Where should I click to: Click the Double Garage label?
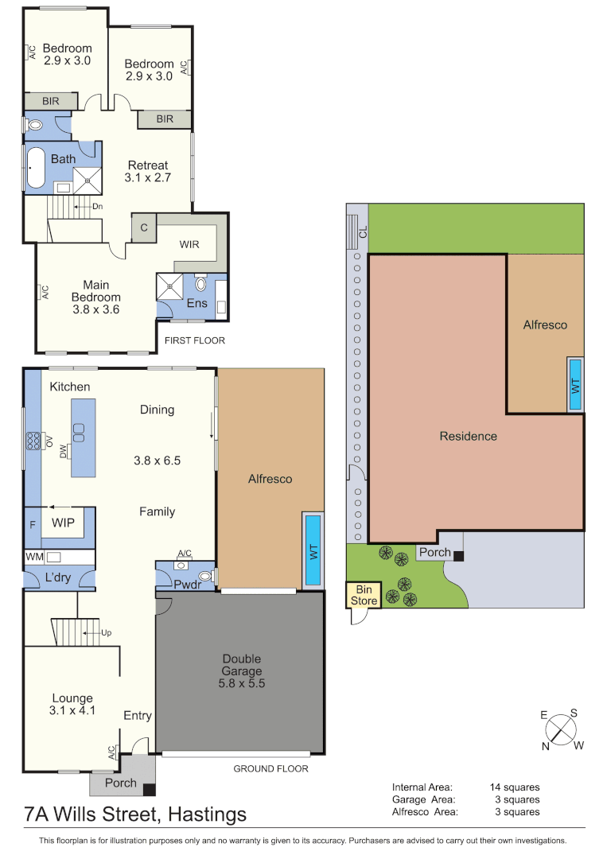click(242, 671)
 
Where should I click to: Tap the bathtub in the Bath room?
click(36, 167)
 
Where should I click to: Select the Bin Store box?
click(364, 595)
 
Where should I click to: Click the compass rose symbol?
click(562, 729)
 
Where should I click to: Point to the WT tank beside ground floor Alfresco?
click(313, 550)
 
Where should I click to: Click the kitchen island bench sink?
click(78, 433)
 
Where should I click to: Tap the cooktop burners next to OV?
click(33, 441)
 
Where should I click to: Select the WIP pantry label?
click(63, 523)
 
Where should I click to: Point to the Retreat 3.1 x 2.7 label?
click(148, 172)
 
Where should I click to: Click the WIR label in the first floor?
click(189, 244)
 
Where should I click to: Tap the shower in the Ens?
click(169, 286)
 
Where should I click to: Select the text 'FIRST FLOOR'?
click(194, 340)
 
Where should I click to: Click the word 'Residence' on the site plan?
click(469, 436)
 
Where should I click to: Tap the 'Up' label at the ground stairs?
click(107, 633)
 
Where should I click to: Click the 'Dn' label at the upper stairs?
click(98, 207)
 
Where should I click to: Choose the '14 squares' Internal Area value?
click(515, 787)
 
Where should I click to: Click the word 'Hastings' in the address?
click(207, 815)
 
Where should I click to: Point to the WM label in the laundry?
click(34, 557)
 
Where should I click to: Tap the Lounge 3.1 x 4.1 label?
click(72, 705)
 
